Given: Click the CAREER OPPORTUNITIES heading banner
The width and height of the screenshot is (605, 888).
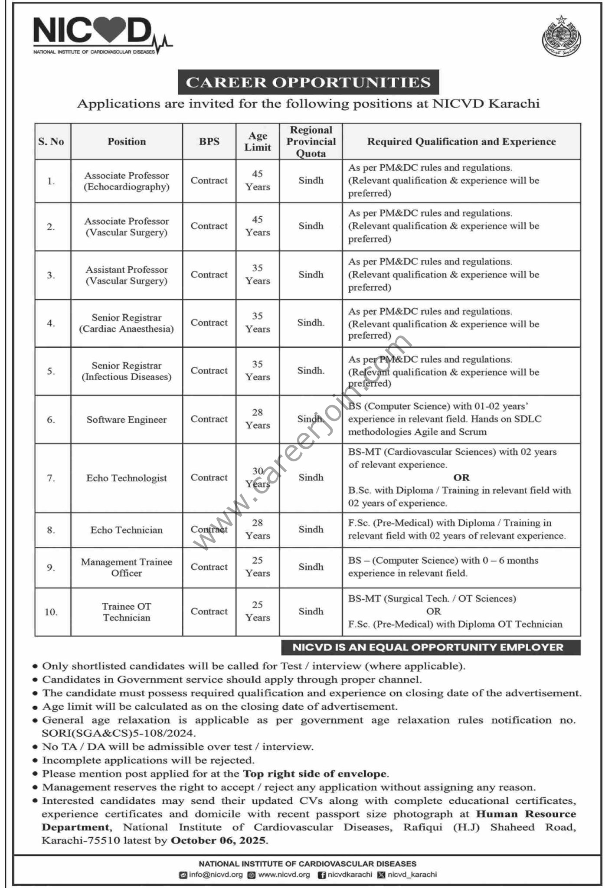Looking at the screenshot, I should click(x=308, y=82).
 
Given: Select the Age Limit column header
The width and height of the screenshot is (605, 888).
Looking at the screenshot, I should click(x=258, y=141).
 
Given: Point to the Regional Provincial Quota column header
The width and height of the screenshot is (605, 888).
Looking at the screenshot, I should click(x=311, y=141).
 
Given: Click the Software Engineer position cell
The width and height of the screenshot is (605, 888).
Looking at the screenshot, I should click(x=127, y=420).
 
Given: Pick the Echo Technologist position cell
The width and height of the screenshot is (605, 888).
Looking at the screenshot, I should click(x=127, y=478).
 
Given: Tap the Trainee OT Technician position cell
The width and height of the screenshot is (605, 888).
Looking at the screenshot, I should click(x=127, y=612).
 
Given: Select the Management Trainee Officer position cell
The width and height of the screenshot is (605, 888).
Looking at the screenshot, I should click(x=127, y=567).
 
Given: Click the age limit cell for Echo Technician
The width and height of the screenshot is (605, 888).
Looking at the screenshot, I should click(x=258, y=529).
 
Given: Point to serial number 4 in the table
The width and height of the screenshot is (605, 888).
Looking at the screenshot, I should click(x=51, y=323).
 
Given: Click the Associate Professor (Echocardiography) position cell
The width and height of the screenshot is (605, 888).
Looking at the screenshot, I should click(x=127, y=181).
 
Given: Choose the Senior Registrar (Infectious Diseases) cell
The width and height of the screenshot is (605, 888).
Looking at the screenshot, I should click(x=127, y=371).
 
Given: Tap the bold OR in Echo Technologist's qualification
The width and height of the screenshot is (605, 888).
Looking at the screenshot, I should click(x=461, y=477).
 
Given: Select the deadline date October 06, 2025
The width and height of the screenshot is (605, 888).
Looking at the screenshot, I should click(x=218, y=841).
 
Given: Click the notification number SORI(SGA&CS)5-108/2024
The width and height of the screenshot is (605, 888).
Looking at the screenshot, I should click(x=118, y=733).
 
